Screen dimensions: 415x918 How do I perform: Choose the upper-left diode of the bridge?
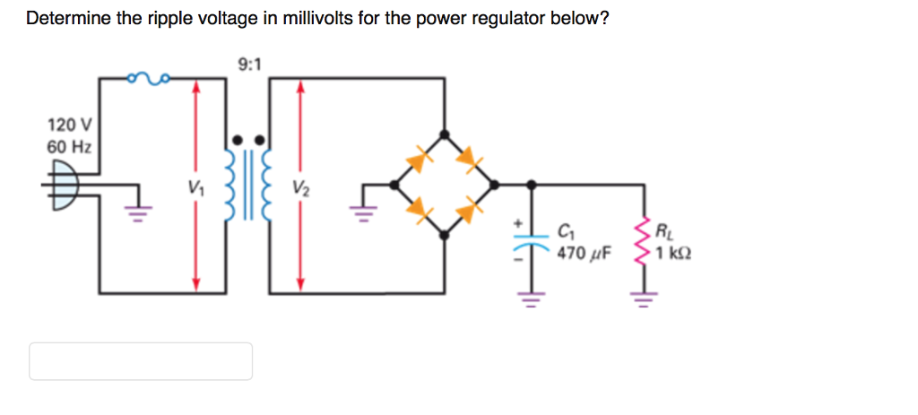tap(420, 160)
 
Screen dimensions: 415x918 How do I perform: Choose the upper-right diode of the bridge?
tap(467, 159)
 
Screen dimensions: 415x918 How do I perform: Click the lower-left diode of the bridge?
tap(418, 209)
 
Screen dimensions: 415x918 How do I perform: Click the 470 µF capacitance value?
tap(583, 254)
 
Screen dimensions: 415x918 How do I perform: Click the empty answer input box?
tap(141, 361)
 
